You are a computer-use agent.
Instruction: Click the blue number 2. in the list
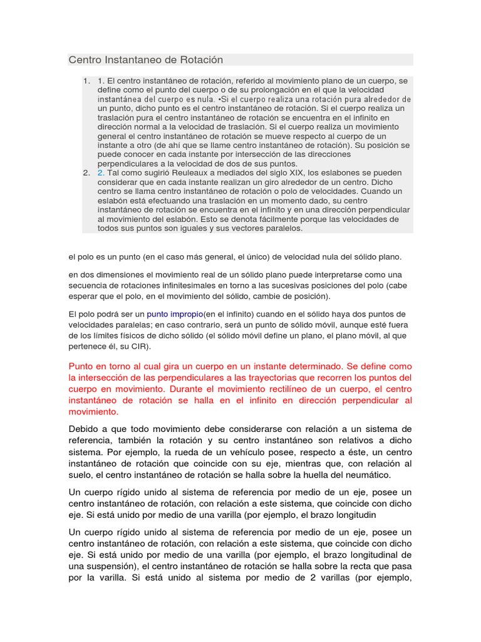(x=101, y=172)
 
